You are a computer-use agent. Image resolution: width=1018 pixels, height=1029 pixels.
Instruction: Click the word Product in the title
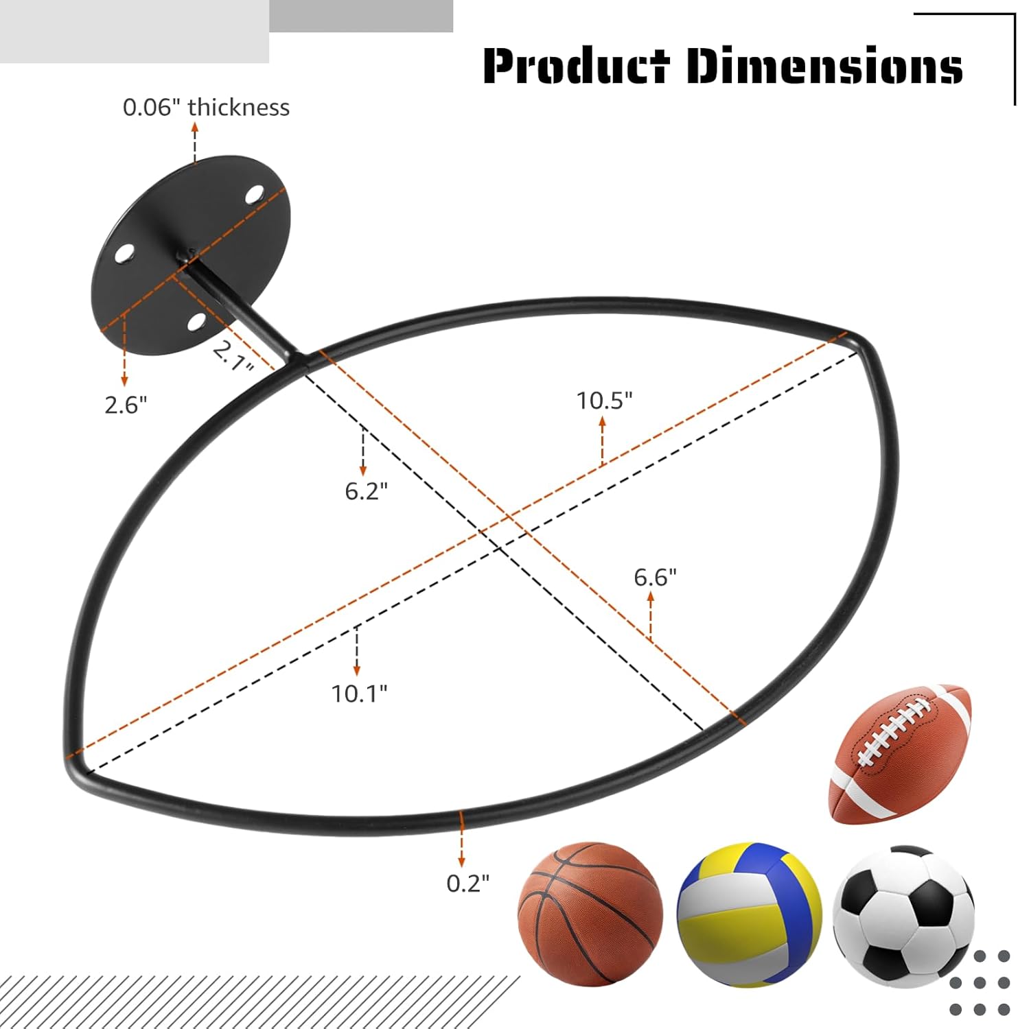point(575,66)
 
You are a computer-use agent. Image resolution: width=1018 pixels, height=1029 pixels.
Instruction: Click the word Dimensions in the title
point(824,66)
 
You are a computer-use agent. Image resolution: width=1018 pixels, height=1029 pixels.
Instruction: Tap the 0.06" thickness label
point(206,108)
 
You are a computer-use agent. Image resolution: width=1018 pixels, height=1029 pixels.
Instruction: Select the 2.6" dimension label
point(126,405)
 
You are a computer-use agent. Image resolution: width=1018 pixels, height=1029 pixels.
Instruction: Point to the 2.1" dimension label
point(232,355)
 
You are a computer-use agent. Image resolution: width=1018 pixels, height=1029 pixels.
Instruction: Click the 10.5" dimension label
point(604,401)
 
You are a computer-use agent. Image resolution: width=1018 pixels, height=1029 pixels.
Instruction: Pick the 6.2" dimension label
point(366,491)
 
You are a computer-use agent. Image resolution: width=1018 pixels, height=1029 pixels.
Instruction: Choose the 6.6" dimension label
point(655,578)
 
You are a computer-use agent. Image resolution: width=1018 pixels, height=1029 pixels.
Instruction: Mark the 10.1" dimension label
point(359,694)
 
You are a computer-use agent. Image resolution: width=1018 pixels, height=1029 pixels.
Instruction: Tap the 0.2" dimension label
point(468,883)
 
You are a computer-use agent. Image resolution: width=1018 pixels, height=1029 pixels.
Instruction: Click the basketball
point(590,914)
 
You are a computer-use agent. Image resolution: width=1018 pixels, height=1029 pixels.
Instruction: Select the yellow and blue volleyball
point(749,914)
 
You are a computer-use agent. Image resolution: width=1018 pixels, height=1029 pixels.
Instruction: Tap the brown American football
point(901,753)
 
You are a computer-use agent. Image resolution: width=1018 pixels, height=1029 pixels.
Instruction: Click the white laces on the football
point(892,734)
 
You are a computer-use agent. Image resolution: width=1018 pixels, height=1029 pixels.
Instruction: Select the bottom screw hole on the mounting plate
point(197,320)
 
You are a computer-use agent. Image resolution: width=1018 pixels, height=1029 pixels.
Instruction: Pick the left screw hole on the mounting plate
point(124,254)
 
